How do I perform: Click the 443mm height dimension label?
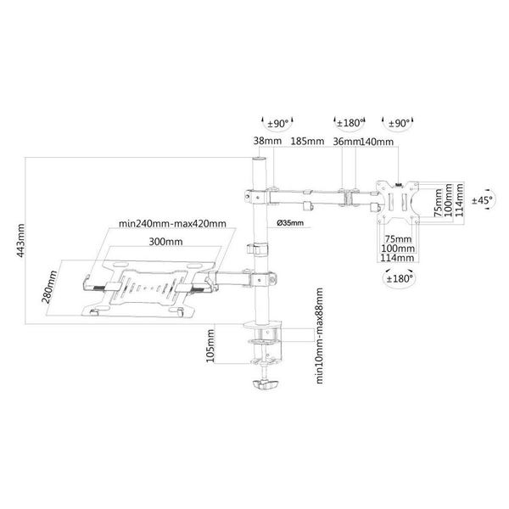[x=20, y=241]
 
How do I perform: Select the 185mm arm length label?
[x=307, y=141]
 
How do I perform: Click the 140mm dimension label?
[x=377, y=142]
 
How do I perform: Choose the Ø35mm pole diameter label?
[x=290, y=222]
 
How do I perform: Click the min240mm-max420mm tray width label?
[x=172, y=224]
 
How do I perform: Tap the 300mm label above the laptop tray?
[x=165, y=242]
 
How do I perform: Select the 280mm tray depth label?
[x=49, y=287]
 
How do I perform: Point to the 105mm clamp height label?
[x=210, y=346]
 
